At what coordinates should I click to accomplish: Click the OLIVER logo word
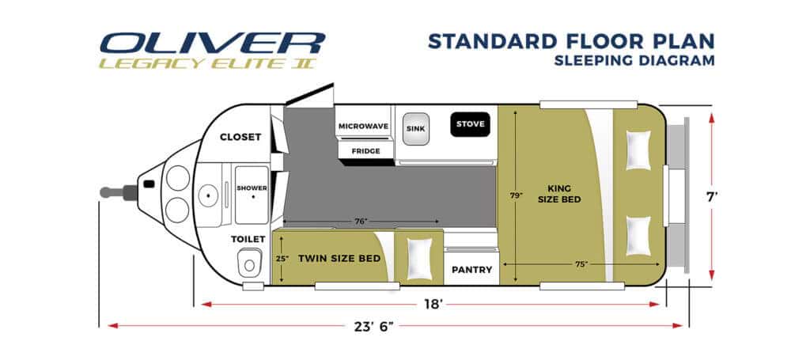[x=213, y=43]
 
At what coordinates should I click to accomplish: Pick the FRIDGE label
[x=365, y=150]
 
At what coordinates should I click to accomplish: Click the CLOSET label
[x=240, y=137]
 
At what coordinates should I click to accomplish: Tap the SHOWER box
[x=252, y=188]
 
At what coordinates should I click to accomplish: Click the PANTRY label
[x=472, y=270]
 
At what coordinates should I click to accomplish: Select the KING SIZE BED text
[x=564, y=194]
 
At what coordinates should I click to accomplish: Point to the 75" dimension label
[x=581, y=264]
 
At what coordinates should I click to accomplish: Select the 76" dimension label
[x=360, y=222]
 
